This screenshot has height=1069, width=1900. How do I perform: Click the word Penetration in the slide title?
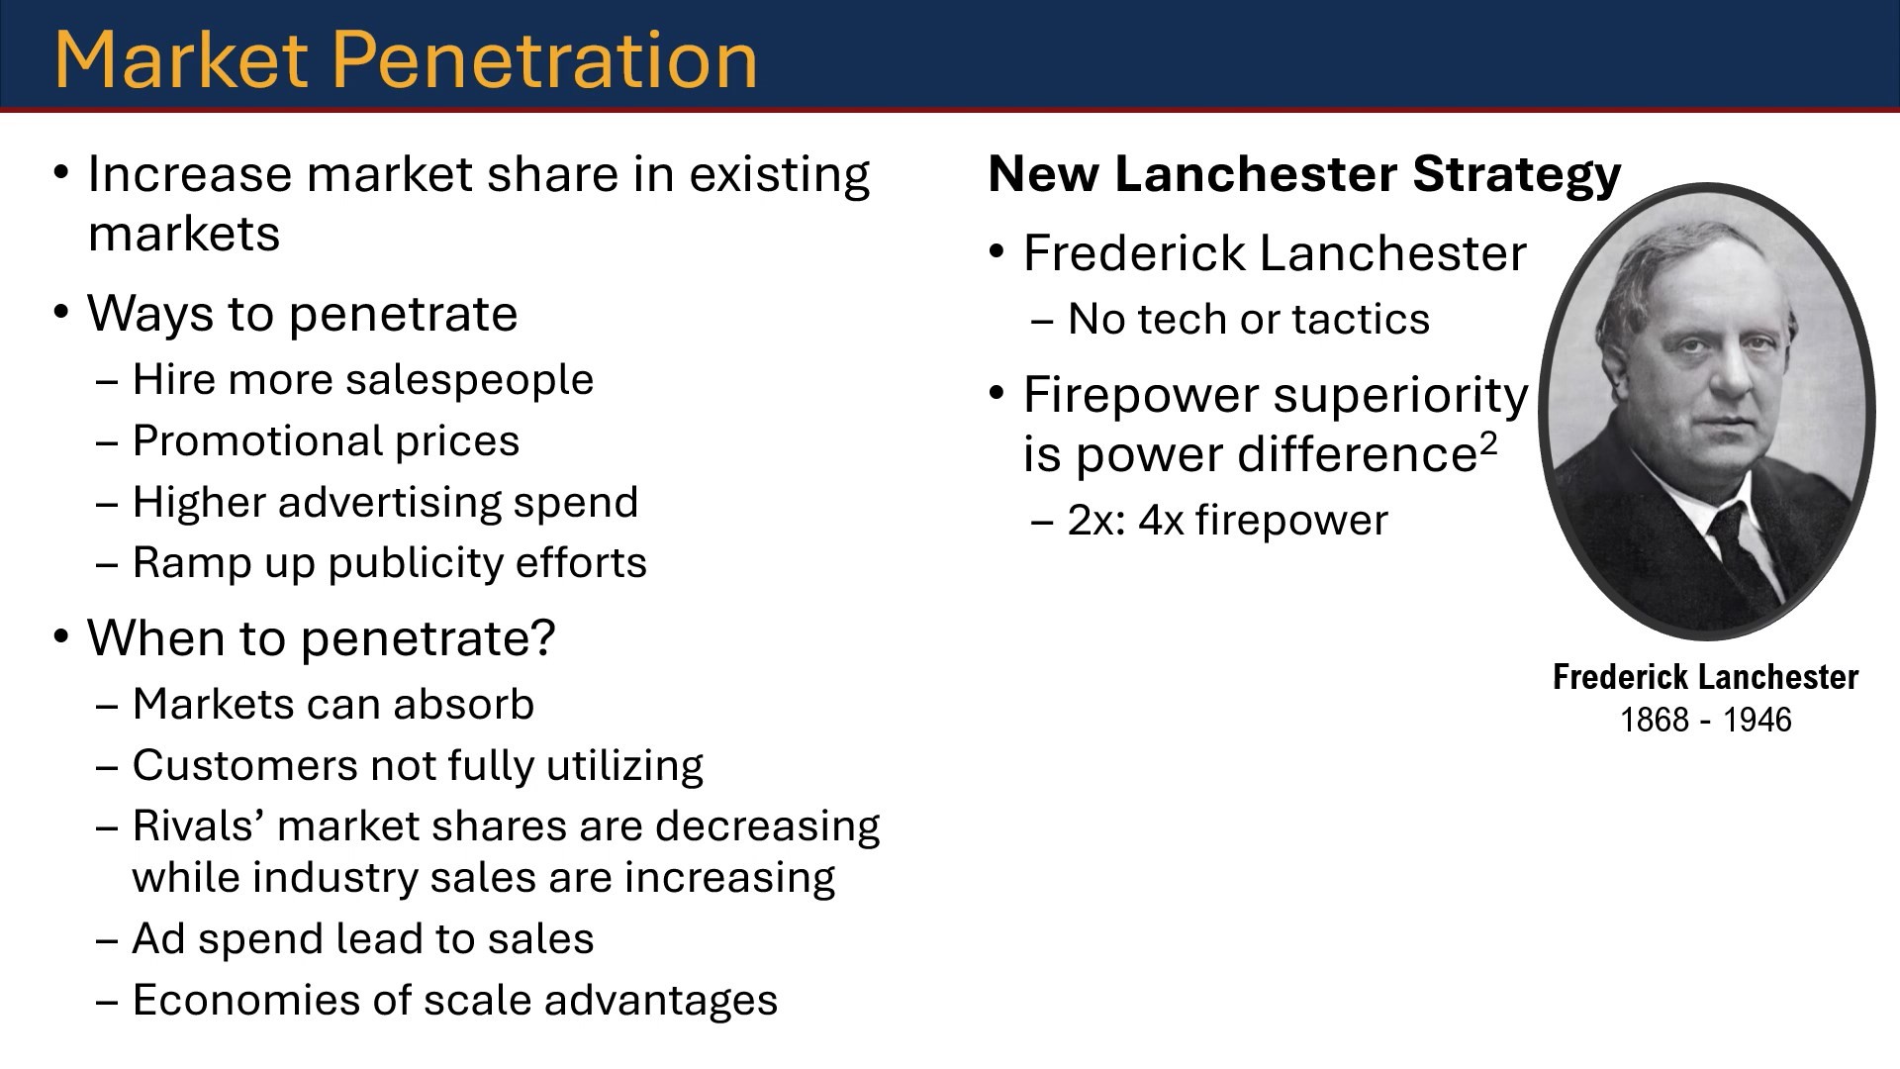551,59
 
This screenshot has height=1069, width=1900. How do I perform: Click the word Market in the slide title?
181,59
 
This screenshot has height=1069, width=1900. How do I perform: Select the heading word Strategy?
1517,176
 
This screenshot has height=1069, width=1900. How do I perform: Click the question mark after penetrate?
543,636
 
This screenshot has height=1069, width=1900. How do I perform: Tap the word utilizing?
625,766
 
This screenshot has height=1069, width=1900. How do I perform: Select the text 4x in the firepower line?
1161,521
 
